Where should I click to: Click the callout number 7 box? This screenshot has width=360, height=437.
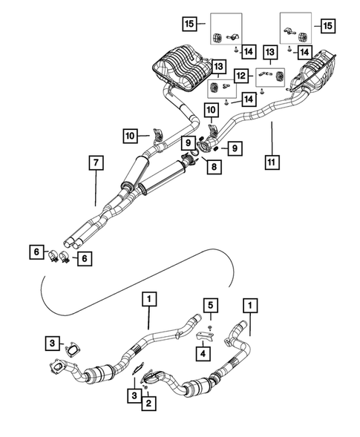pos(94,162)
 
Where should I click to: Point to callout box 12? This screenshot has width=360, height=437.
pos(241,75)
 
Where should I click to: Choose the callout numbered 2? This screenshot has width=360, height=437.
pos(149,404)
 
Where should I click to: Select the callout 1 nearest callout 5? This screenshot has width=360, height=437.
pos(250,305)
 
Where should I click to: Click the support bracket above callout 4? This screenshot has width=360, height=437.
pos(206,338)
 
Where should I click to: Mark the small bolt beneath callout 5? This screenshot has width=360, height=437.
pos(211,326)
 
